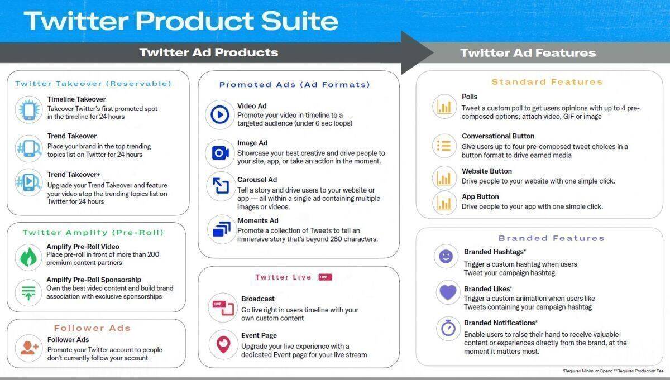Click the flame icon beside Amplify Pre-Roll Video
point(28,257)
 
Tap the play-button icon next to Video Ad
point(220,114)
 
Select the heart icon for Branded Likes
point(448,292)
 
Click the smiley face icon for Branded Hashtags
point(446,256)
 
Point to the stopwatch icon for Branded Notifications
point(448,328)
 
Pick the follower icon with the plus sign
point(29,348)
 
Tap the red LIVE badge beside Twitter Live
point(325,277)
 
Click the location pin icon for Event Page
point(223,344)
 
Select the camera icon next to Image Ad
point(221,153)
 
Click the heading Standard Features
point(547,82)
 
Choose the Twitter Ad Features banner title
point(528,52)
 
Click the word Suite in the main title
point(299,21)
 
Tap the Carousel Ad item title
point(257,180)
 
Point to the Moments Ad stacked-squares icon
point(222,229)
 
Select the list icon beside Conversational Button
point(444,146)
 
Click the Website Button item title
point(487,171)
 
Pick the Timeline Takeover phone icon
point(29,109)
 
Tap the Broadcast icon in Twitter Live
point(223,308)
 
